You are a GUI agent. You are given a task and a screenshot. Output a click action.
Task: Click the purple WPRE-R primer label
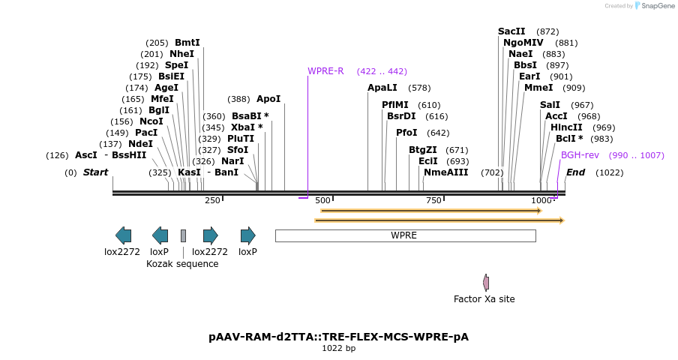(325, 71)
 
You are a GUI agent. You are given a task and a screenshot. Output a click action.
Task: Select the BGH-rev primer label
(580, 155)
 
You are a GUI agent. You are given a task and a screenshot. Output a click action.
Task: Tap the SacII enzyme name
(511, 31)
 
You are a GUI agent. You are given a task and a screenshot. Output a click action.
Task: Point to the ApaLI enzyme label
(382, 88)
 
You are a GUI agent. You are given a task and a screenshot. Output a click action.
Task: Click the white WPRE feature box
(405, 235)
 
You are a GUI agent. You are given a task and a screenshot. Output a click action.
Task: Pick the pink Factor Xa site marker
(486, 283)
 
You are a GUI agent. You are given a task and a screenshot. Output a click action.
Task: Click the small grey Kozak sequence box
(183, 235)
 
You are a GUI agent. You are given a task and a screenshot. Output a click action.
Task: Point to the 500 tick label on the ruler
(322, 200)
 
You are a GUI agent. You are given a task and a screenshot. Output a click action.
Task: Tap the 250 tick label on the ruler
(212, 200)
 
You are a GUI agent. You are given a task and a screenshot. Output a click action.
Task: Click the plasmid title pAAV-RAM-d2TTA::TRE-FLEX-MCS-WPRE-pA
(338, 337)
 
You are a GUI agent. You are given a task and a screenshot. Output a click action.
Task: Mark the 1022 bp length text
(338, 348)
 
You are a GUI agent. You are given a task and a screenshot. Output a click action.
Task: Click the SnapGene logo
(654, 6)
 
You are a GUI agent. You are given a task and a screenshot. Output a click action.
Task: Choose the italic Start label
(95, 172)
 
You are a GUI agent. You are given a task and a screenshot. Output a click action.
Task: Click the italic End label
(575, 172)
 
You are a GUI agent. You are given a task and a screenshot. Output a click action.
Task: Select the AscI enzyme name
(85, 155)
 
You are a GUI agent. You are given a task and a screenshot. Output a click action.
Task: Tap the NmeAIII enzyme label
(445, 172)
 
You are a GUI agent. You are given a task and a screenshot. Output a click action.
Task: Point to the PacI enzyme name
(146, 133)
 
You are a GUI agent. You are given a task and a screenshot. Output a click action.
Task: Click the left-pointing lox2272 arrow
(123, 235)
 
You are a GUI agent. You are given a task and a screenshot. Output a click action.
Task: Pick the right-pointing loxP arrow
(247, 235)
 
